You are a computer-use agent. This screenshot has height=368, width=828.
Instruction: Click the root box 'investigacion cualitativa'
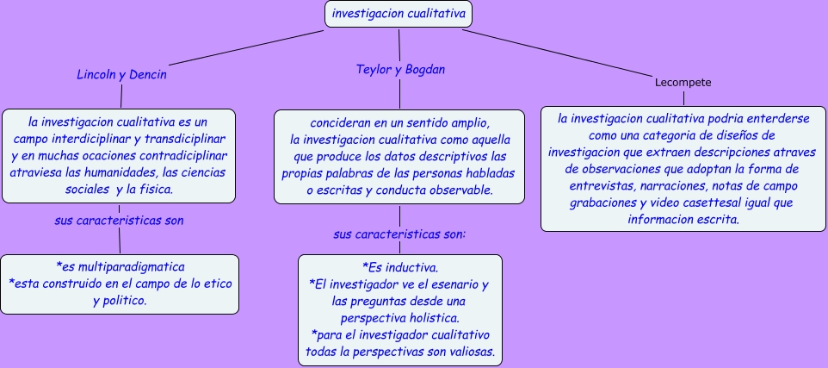pyautogui.click(x=399, y=15)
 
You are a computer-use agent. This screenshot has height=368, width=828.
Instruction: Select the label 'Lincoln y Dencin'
pyautogui.click(x=121, y=74)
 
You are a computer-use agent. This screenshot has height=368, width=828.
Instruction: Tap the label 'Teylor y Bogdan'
pyautogui.click(x=400, y=69)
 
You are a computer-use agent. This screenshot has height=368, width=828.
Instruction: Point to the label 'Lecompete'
pyautogui.click(x=683, y=83)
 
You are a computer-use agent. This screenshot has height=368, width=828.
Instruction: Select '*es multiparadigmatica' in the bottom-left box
pyautogui.click(x=120, y=266)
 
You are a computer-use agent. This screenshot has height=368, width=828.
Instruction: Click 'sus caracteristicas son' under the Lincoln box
pyautogui.click(x=119, y=220)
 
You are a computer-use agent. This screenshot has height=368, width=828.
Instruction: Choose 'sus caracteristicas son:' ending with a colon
pyautogui.click(x=399, y=234)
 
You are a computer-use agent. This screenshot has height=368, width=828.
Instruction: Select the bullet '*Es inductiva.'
pyautogui.click(x=399, y=266)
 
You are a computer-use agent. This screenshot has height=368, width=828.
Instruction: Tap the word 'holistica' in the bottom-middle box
pyautogui.click(x=425, y=318)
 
